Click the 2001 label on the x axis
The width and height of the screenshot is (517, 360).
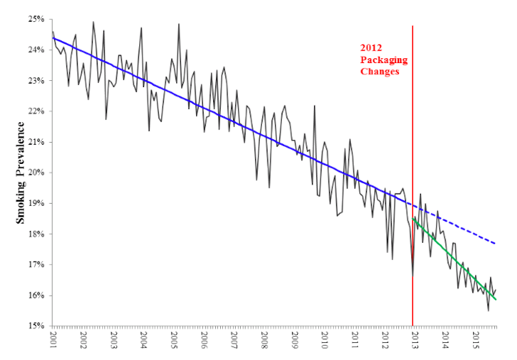[53, 341]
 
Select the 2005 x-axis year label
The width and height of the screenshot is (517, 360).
[174, 341]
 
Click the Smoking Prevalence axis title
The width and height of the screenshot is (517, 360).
[21, 173]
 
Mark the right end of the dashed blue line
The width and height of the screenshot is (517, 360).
[495, 243]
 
